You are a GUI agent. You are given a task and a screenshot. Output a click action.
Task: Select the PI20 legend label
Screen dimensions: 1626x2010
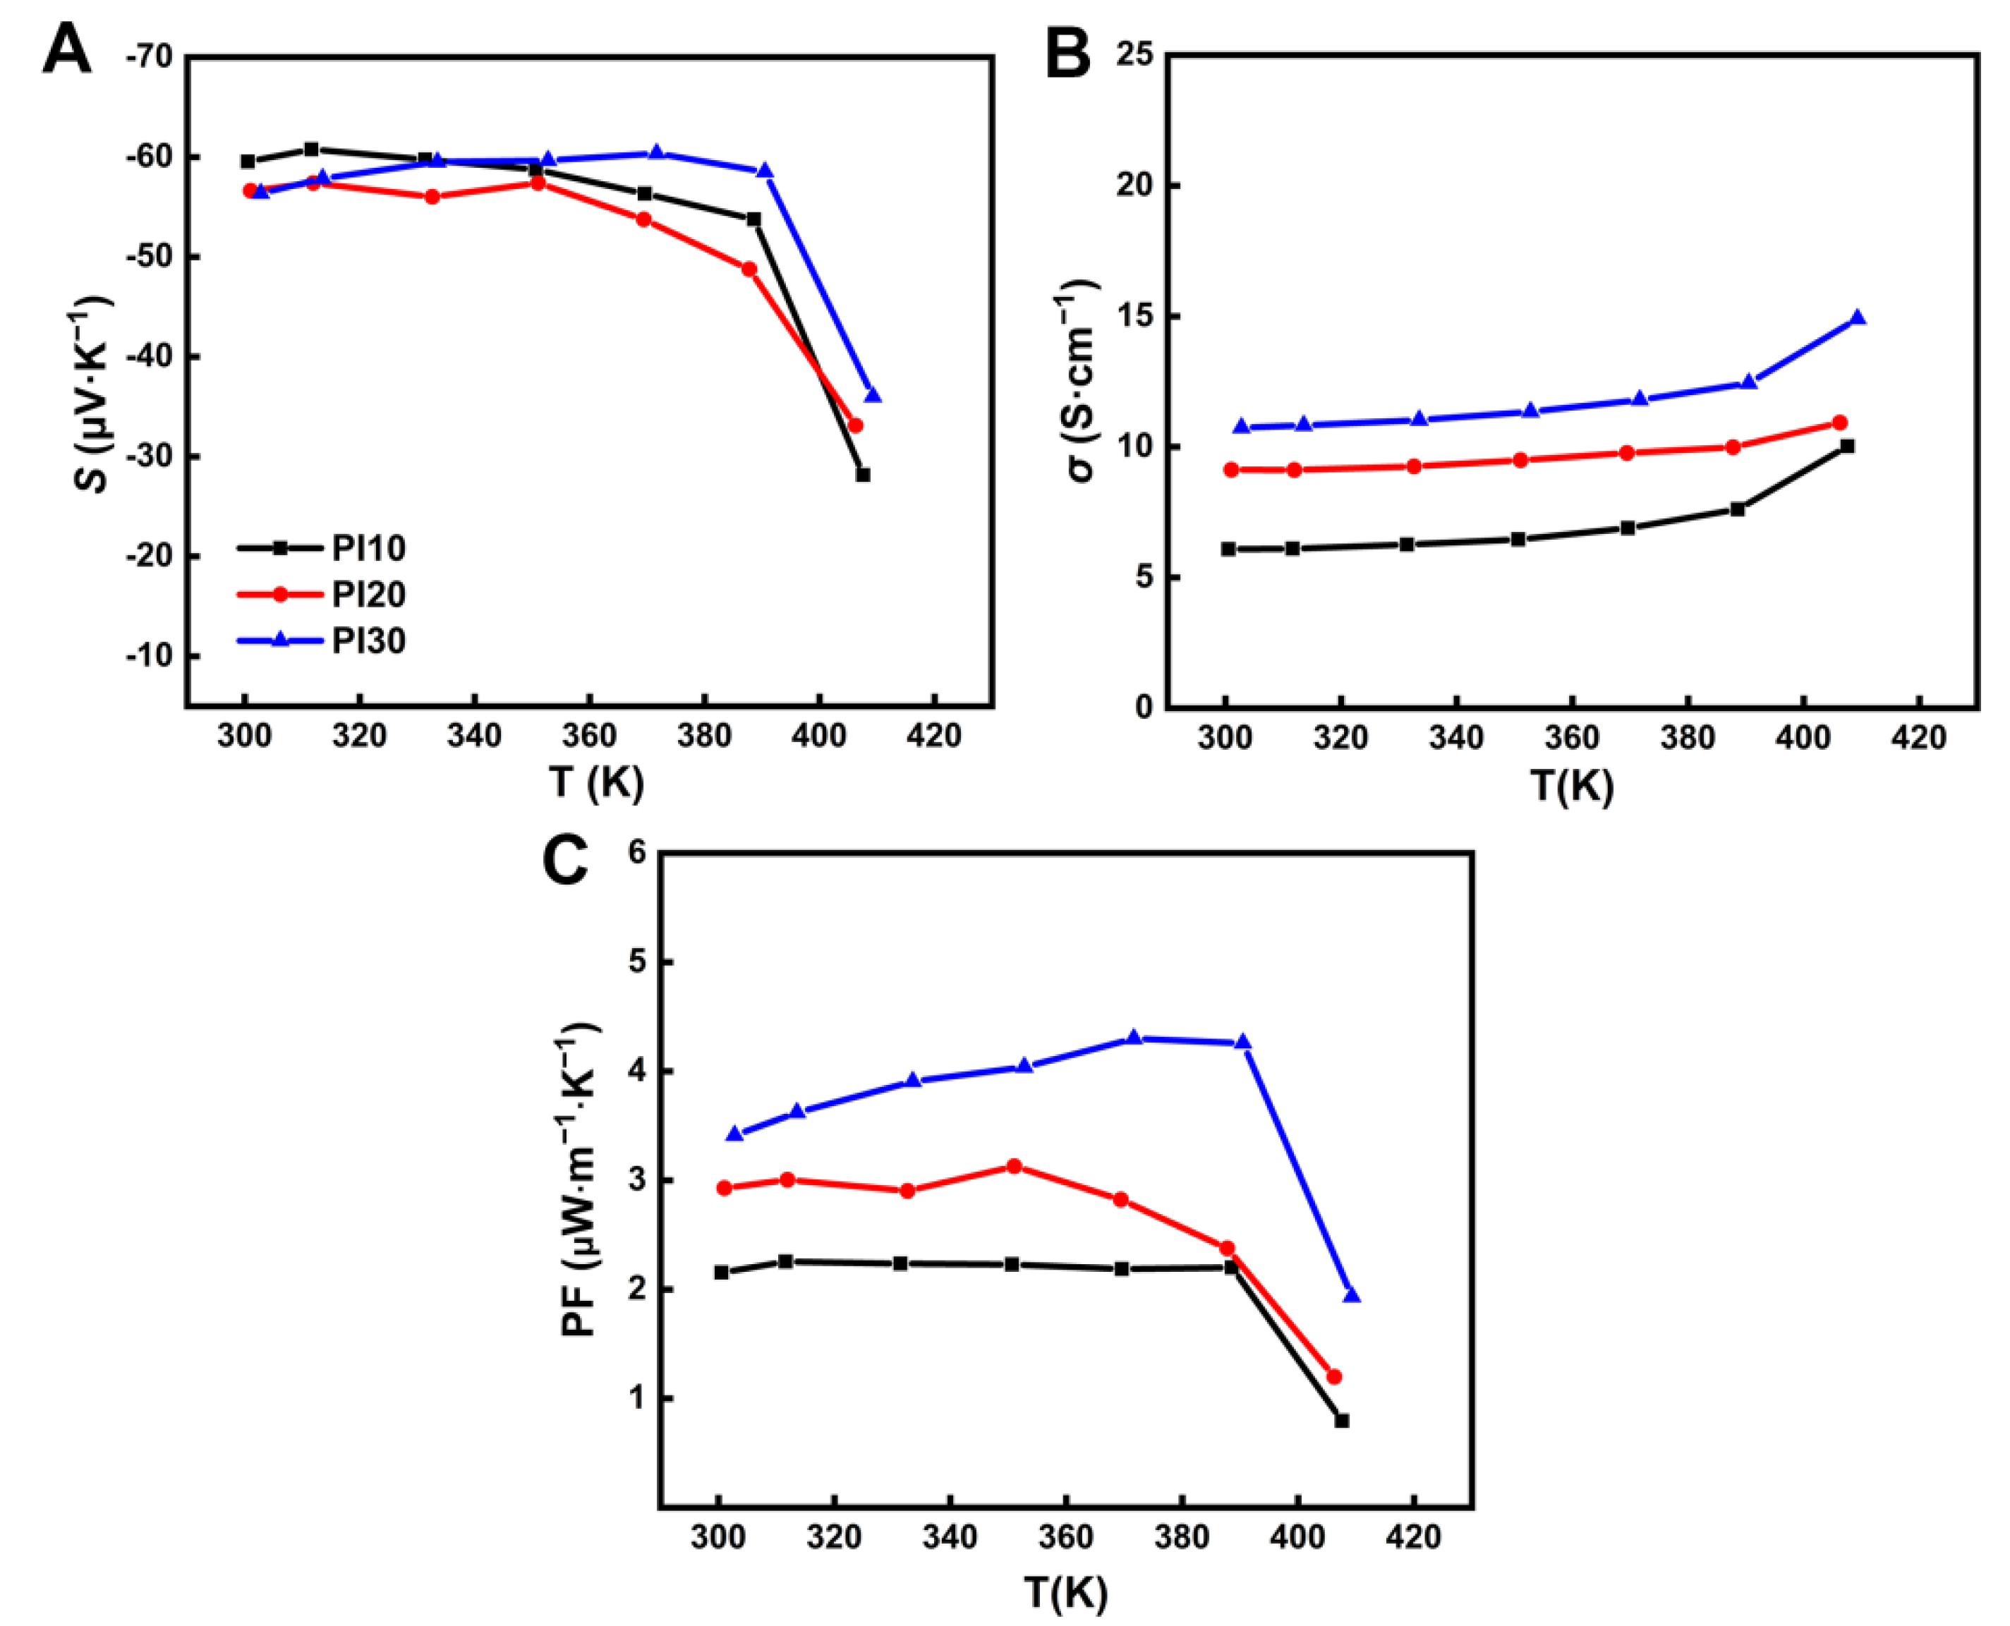click(x=368, y=595)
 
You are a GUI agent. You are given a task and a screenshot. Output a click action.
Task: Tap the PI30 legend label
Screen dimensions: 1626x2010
click(x=368, y=642)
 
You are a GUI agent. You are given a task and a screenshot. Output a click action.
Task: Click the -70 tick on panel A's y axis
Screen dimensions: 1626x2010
click(x=149, y=57)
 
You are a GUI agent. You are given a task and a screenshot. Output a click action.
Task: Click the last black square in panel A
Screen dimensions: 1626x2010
click(x=863, y=475)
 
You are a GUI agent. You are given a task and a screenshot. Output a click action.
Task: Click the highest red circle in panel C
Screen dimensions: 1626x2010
click(x=1013, y=1167)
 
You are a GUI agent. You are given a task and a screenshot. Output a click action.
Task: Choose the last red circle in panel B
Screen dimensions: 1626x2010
click(x=1839, y=423)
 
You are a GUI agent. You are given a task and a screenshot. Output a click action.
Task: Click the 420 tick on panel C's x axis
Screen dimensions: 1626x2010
click(x=1412, y=1538)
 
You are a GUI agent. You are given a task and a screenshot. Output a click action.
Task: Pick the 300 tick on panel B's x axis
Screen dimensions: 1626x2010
click(x=1224, y=738)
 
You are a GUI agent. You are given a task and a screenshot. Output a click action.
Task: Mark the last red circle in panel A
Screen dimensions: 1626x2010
click(x=854, y=425)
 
